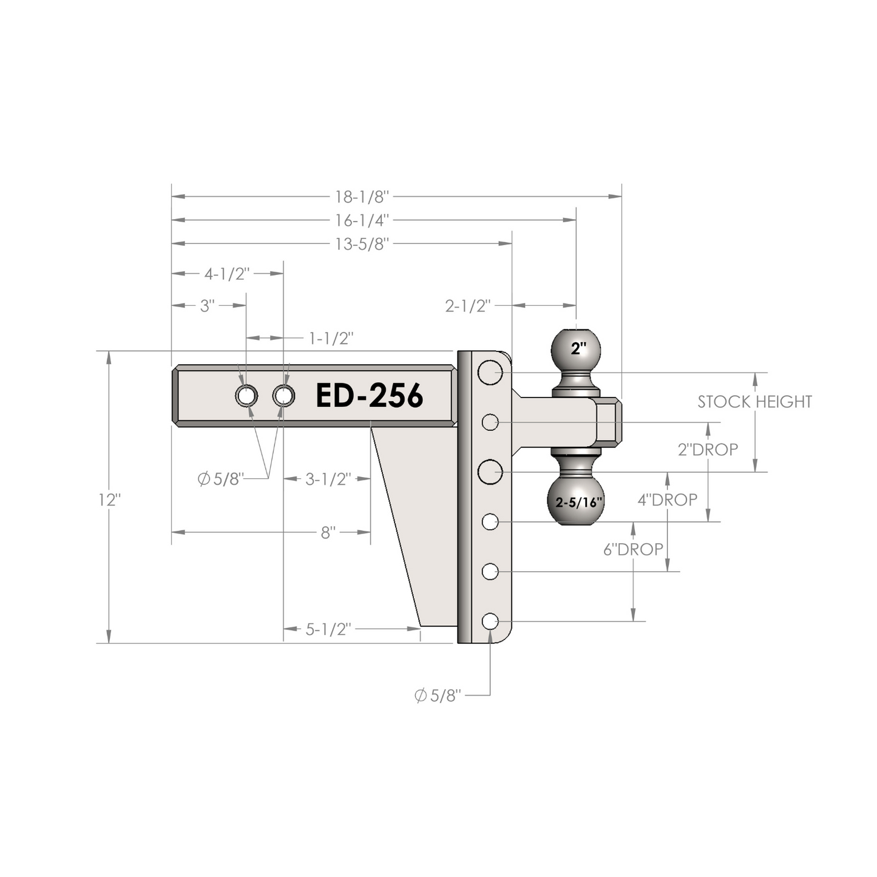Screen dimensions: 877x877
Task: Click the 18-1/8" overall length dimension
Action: click(362, 197)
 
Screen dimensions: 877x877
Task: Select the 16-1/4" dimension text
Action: click(362, 221)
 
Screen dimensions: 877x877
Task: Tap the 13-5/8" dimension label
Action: click(362, 245)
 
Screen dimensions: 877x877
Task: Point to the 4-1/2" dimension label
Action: click(227, 274)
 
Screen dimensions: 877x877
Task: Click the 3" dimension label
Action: click(207, 306)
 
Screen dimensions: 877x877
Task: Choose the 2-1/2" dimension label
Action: click(469, 306)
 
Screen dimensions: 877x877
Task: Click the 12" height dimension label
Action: click(110, 501)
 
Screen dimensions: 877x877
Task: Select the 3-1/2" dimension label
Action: click(328, 479)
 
